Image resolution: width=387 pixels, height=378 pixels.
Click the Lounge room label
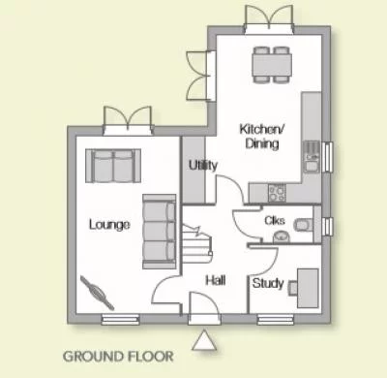109,225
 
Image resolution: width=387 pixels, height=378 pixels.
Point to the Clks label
274,221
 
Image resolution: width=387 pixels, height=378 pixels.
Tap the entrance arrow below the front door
203,340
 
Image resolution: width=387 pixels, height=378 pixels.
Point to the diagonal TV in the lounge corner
97,290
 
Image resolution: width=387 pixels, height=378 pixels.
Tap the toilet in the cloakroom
301,225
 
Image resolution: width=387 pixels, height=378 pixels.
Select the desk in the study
308,284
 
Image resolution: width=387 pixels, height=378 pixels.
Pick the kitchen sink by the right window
312,154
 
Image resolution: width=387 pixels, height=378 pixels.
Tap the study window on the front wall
275,318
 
